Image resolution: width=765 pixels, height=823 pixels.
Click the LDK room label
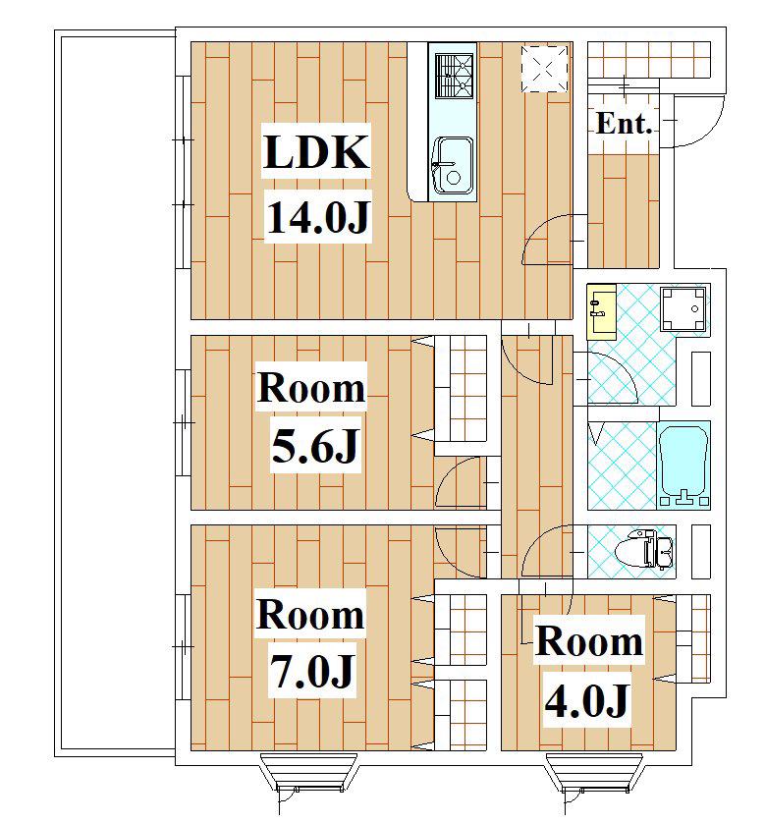pos(316,152)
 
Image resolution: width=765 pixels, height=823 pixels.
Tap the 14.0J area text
pos(318,217)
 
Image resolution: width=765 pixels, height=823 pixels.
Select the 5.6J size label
pos(315,445)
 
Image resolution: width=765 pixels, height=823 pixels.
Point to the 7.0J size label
pos(312,672)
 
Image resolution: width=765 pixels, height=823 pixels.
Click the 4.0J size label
pos(587,700)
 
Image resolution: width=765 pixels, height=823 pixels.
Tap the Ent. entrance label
pos(625,124)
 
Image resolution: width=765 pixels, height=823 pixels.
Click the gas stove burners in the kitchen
pos(455,76)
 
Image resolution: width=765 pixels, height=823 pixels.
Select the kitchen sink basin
pos(453,166)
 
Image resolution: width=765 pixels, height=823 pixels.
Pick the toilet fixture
pos(644,551)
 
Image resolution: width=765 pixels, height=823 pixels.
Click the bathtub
pos(683,466)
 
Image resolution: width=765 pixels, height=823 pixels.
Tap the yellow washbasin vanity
pos(601,312)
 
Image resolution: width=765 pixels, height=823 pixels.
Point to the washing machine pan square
pos(683,308)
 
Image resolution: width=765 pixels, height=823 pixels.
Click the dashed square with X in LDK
pos(544,69)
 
